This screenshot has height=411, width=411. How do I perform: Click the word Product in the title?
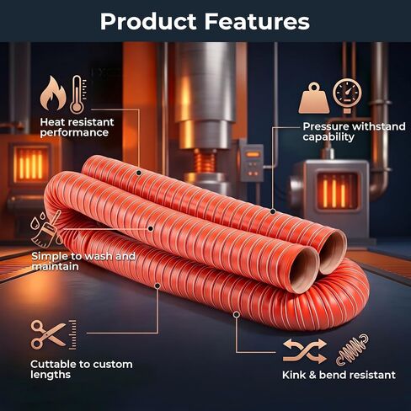148,21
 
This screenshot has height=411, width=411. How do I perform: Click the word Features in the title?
257,21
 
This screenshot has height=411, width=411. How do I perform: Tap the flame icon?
53,93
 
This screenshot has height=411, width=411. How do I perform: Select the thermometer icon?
78,94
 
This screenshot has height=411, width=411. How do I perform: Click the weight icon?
314,98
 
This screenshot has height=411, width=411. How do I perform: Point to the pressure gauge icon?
347,95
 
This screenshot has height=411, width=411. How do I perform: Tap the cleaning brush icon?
46,229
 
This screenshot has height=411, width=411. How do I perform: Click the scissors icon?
48,334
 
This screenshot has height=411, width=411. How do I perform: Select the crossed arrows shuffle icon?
305,351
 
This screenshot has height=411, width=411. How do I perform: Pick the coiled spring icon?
352,350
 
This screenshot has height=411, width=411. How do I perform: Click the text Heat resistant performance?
77,127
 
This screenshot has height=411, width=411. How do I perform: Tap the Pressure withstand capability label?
354,131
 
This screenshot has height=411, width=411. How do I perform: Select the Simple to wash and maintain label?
83,261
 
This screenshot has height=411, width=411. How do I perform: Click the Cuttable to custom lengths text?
82,370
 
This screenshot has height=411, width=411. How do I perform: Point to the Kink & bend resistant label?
339,375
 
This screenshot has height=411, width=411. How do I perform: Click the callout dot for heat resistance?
139,173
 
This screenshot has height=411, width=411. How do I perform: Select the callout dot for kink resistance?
237,314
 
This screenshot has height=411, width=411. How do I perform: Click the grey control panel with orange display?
252,163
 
